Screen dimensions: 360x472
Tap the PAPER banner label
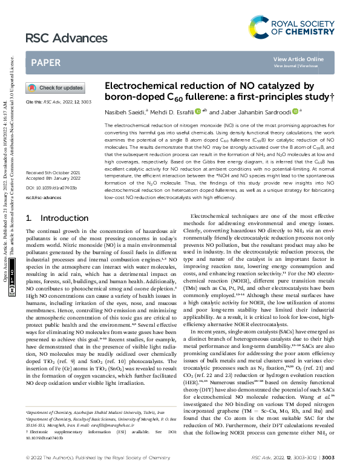45,62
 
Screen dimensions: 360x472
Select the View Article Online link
298,59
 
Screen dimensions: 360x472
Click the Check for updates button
54,88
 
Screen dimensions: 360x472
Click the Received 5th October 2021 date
54,156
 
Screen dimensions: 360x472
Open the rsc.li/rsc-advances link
44,180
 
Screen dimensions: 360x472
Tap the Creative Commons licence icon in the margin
12,290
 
